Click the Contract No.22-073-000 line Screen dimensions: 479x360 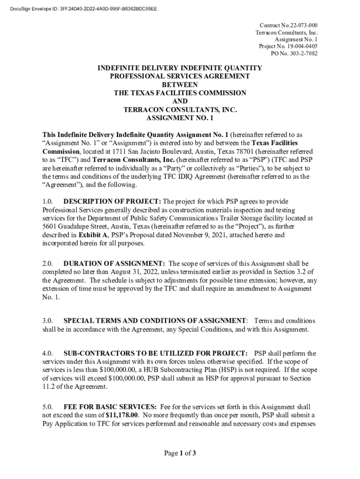[x=288, y=25]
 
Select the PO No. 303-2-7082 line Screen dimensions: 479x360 [x=294, y=53]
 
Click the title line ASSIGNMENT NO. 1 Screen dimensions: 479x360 [x=180, y=118]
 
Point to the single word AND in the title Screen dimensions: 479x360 [x=180, y=102]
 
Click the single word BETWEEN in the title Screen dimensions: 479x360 [x=180, y=85]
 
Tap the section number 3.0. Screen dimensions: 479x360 [x=48, y=321]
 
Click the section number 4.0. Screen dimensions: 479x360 [x=48, y=353]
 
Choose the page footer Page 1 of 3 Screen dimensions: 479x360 [x=180, y=453]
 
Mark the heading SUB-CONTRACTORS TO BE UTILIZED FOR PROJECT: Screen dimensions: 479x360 [x=155, y=353]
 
